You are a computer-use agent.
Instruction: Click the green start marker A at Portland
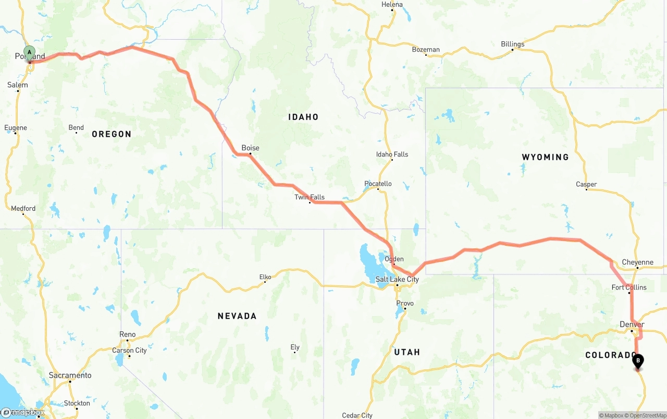tap(30, 53)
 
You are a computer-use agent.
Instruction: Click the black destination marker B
tap(637, 361)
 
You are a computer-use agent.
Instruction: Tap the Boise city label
tap(250, 148)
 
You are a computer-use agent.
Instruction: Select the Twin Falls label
tap(310, 197)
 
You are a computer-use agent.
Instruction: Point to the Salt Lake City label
tap(397, 279)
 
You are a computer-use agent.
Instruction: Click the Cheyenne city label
tap(637, 262)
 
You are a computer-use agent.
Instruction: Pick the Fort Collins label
tap(629, 287)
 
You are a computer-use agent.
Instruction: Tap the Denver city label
tap(632, 324)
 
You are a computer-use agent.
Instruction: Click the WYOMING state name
tap(545, 157)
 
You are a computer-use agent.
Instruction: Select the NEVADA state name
tap(237, 316)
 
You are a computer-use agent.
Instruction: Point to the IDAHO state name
tap(303, 117)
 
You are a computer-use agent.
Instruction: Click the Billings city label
tap(512, 44)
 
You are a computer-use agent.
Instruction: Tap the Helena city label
tap(392, 4)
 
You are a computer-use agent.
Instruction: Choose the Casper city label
tap(586, 184)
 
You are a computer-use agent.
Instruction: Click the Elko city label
tap(265, 277)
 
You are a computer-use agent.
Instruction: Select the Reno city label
tap(127, 334)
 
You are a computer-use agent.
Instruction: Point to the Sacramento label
tap(70, 375)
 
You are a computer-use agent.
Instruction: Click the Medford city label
tap(23, 208)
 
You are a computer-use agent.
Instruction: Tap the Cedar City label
tap(357, 415)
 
